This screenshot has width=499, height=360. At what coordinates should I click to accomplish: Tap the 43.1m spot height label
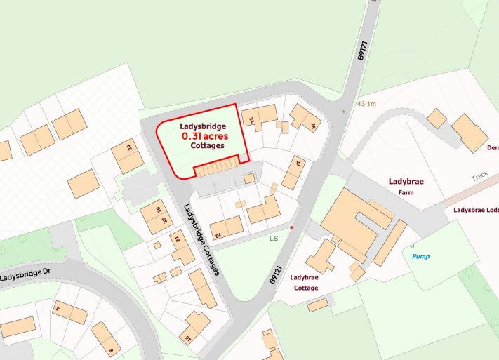tap(366, 104)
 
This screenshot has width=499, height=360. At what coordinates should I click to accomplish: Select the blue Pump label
tap(421, 257)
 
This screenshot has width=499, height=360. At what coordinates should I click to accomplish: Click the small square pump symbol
tap(412, 245)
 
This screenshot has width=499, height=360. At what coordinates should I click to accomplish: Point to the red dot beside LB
tap(291, 227)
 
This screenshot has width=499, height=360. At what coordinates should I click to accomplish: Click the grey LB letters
tap(274, 238)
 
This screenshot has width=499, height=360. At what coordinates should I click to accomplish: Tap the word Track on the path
tap(479, 177)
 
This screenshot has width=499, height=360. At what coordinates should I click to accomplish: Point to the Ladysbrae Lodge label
tap(476, 209)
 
